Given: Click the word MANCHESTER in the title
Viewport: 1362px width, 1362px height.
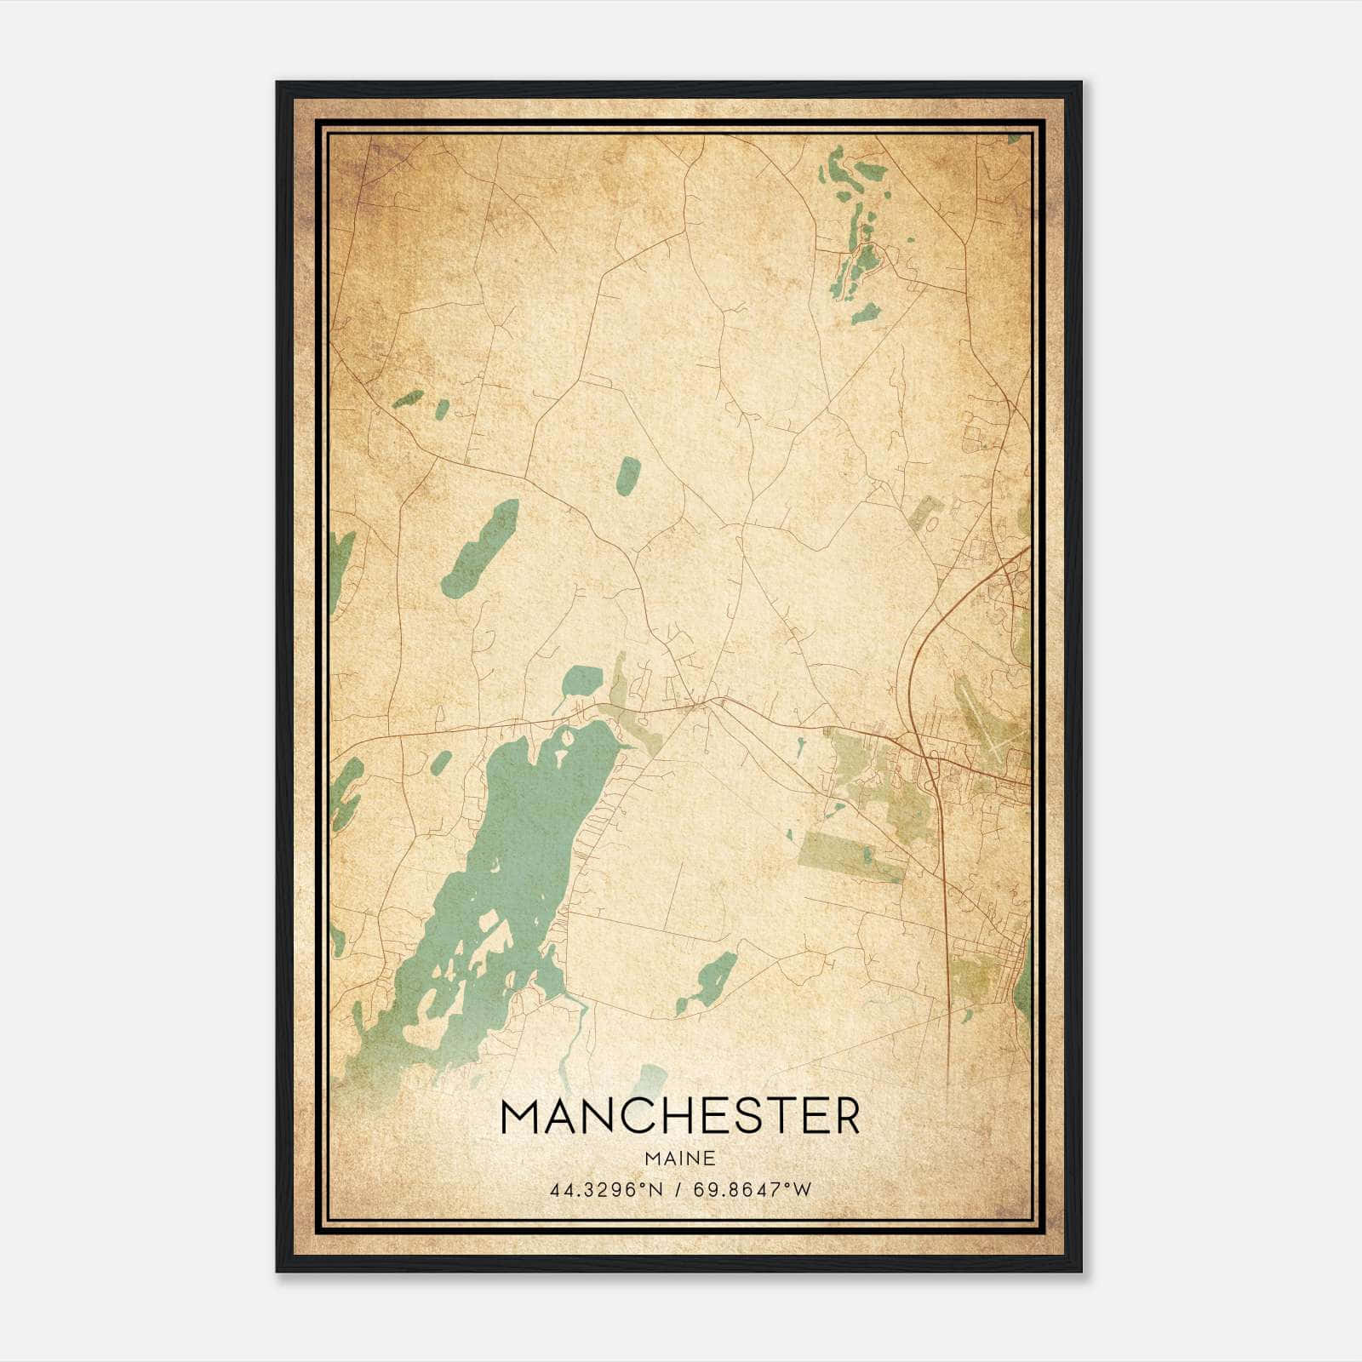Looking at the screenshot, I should coord(680,1117).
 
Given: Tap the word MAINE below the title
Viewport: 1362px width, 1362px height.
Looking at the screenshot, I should coord(680,1159).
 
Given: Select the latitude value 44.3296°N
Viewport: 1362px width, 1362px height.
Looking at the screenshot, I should coord(605,1190).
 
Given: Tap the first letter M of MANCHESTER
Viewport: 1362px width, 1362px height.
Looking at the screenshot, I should coord(521,1117).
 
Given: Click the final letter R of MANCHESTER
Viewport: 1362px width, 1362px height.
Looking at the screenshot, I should coord(845,1117).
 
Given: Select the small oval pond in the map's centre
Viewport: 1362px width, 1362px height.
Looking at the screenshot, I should coord(628,476).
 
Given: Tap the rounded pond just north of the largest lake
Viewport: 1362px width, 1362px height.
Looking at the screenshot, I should coord(582,680).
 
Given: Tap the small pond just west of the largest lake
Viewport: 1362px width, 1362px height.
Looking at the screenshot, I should coord(442,763).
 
